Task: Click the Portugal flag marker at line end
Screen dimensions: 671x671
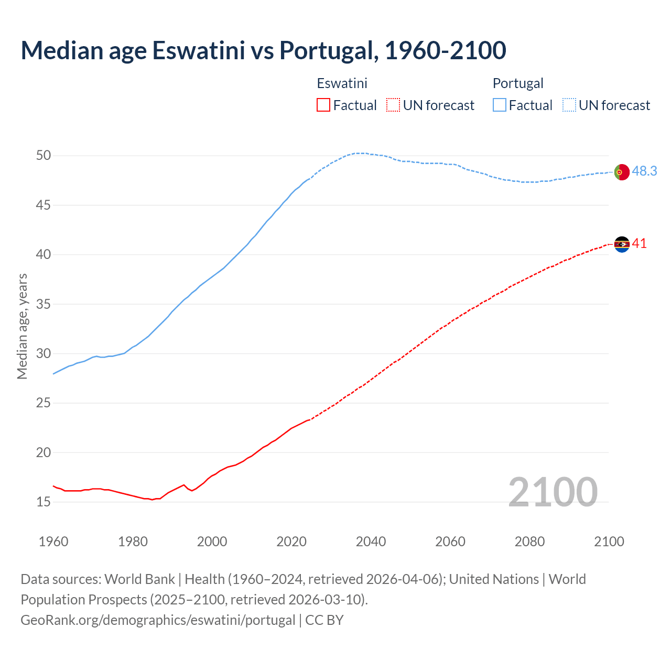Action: pos(621,172)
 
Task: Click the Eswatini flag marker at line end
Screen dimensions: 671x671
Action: pos(621,244)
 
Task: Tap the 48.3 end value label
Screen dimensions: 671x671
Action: pos(644,171)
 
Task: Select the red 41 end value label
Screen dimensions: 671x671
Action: pos(639,244)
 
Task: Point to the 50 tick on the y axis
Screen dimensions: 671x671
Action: pos(44,156)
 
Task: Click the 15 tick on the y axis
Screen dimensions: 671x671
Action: pos(44,502)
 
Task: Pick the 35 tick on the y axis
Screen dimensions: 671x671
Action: pos(44,304)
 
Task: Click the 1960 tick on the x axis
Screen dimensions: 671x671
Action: pos(53,542)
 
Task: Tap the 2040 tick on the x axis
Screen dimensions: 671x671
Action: pos(371,542)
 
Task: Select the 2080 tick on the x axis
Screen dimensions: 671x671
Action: pos(529,542)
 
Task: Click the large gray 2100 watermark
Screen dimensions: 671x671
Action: pos(553,492)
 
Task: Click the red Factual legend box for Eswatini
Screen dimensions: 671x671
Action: pos(323,105)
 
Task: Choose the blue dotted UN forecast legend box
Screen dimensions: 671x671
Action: pos(569,105)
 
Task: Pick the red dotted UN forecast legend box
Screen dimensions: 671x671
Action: pos(393,105)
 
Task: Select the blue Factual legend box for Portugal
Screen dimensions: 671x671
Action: pos(500,105)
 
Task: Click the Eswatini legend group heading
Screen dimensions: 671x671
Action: pos(342,83)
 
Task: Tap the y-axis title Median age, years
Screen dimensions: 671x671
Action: pos(22,326)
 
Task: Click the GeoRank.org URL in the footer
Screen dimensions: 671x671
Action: pos(158,620)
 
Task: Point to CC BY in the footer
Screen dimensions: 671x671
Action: pos(324,620)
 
